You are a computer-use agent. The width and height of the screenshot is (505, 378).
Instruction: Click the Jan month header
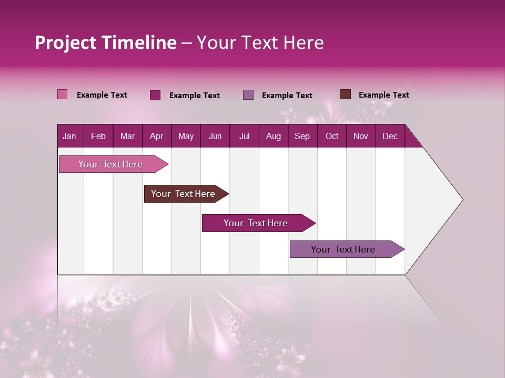point(69,136)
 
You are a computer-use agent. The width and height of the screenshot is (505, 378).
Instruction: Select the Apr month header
point(156,136)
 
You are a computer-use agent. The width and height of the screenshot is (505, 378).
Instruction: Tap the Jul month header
point(244,136)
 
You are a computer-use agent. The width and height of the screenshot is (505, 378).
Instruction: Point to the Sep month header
point(302,136)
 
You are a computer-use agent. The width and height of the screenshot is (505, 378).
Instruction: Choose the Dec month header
point(390,136)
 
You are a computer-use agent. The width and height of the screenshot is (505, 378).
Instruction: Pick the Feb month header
point(98,136)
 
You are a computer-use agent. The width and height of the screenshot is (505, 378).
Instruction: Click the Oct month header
point(332,136)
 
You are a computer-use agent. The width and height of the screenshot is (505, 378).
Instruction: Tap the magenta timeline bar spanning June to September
point(256,223)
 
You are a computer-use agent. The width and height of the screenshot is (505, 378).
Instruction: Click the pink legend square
point(63,94)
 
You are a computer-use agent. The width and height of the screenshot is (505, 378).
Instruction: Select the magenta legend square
point(155,95)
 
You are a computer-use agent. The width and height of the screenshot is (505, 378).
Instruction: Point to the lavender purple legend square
point(248,95)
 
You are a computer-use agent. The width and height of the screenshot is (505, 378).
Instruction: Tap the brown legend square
point(346,94)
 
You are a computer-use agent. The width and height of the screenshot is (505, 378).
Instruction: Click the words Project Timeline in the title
point(105,43)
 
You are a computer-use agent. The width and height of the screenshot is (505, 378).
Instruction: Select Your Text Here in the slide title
point(260,43)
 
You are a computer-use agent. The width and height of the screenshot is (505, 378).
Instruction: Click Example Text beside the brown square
point(383,95)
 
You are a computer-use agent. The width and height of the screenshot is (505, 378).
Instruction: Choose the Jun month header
point(215,136)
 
